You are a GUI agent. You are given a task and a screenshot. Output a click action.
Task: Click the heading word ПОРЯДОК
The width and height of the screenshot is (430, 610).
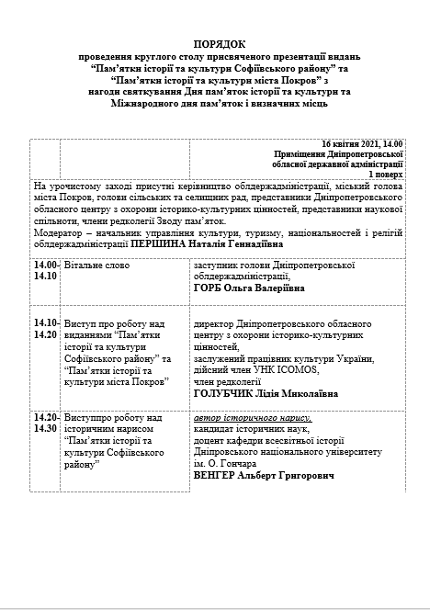(220, 44)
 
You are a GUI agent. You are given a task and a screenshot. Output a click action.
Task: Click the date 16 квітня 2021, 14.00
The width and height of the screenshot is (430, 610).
(362, 144)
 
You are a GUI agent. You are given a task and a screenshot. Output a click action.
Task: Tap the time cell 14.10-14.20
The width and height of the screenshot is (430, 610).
(45, 327)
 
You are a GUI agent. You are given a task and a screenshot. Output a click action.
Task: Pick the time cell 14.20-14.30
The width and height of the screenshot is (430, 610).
(45, 424)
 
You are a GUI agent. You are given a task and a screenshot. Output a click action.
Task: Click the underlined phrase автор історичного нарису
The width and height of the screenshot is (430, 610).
(252, 419)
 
